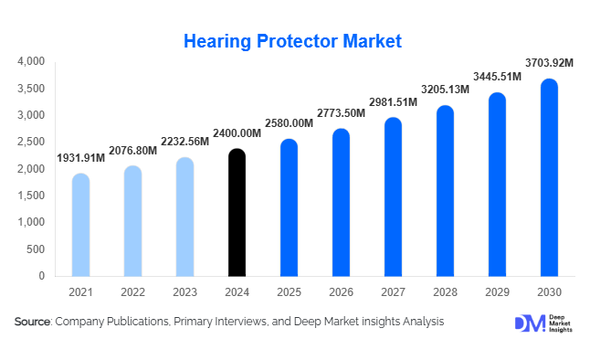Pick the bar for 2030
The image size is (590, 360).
tap(549, 177)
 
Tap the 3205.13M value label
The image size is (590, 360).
tap(445, 90)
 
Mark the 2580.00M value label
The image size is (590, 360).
tap(289, 123)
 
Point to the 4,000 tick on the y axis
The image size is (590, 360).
tap(31, 62)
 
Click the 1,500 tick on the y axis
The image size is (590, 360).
tap(31, 196)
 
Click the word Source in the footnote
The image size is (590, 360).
tap(33, 322)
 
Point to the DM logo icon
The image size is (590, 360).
tap(529, 323)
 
